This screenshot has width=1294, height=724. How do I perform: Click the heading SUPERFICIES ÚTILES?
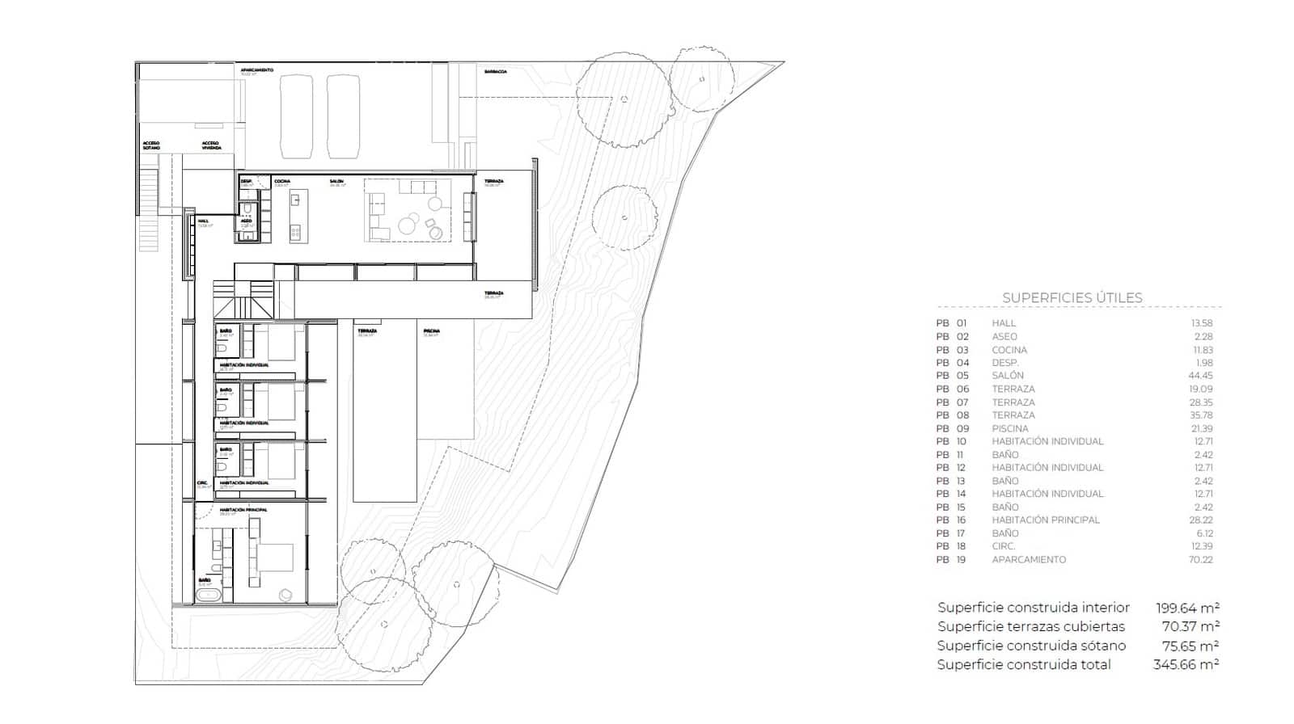click(x=1072, y=297)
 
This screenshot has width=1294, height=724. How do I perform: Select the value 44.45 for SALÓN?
click(x=1201, y=376)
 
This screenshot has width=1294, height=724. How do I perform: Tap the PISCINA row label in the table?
click(x=1010, y=428)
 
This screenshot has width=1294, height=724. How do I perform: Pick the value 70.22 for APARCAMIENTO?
click(x=1201, y=559)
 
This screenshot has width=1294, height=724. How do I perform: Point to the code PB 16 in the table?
click(x=951, y=520)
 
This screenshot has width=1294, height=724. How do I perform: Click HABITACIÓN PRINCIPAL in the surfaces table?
click(x=1046, y=520)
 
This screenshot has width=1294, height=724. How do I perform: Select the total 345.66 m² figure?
click(x=1186, y=664)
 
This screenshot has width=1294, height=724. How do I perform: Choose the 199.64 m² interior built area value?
click(x=1187, y=608)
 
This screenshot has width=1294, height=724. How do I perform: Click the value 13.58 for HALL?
click(x=1201, y=323)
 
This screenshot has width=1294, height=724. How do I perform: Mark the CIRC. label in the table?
click(x=1004, y=546)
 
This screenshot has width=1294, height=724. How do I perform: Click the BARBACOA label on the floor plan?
click(x=496, y=72)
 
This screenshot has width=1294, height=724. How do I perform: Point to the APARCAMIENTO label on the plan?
click(x=257, y=70)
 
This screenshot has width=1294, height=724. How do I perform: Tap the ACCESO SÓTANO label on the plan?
click(x=151, y=145)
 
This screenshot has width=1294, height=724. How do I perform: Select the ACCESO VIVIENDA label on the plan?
click(x=211, y=145)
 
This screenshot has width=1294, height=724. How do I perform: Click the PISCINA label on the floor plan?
click(x=431, y=330)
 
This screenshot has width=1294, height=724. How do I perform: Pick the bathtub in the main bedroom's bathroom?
click(x=209, y=596)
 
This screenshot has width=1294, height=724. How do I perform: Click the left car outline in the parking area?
click(x=296, y=116)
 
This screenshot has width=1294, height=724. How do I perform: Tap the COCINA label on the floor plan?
click(x=282, y=181)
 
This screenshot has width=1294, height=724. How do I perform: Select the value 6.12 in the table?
click(x=1203, y=533)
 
